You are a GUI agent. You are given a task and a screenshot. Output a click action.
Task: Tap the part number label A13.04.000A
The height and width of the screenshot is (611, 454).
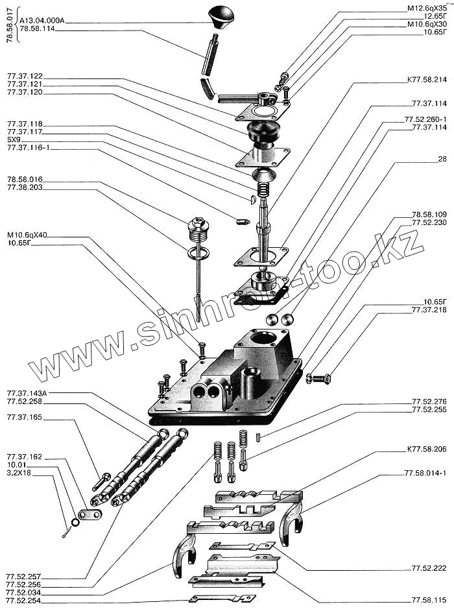click(43, 21)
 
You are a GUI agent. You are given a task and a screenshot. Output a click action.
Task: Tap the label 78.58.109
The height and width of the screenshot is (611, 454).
click(428, 214)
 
